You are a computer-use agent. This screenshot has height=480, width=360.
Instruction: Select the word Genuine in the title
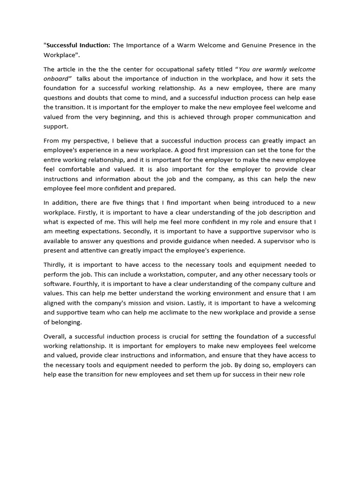tap(254, 45)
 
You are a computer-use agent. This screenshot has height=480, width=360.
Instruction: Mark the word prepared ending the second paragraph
tap(160, 188)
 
